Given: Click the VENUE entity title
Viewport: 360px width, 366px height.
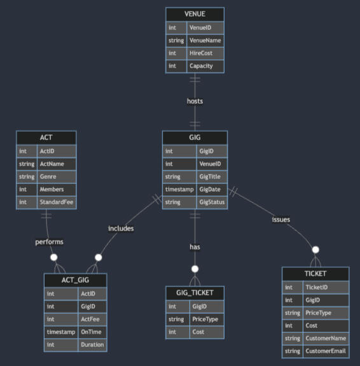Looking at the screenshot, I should click(x=195, y=14).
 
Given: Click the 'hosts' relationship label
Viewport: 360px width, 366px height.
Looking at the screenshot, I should click(x=195, y=101).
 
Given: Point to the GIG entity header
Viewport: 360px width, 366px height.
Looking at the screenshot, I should click(x=195, y=137).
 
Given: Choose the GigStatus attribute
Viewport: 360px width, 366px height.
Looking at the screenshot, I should click(x=211, y=202).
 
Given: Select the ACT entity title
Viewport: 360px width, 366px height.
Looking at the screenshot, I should click(x=46, y=137).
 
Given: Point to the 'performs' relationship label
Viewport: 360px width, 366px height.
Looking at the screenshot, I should click(x=49, y=242).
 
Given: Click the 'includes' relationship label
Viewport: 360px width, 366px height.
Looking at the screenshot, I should click(x=121, y=227).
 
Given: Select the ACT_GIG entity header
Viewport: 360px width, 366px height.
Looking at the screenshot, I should click(x=75, y=280).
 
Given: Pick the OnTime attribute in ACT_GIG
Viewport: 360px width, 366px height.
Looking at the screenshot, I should click(x=91, y=332).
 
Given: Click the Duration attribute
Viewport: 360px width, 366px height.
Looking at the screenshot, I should click(x=91, y=344).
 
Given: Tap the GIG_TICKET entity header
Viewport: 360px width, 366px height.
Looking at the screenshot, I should click(x=195, y=293).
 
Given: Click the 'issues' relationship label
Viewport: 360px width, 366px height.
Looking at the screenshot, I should click(x=280, y=219).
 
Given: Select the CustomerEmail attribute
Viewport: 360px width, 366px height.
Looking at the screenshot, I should click(x=325, y=351).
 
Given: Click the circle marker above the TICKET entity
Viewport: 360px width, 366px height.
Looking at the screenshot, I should click(x=315, y=250).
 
